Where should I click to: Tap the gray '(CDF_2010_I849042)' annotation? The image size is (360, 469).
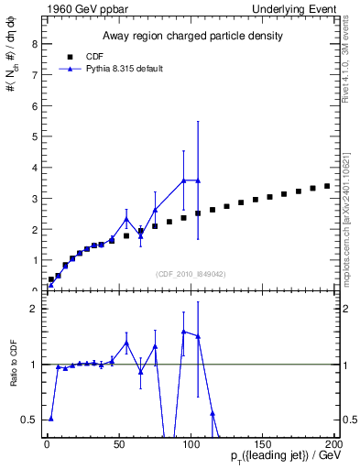click(190, 273)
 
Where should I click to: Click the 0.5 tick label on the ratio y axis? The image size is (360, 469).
click(31, 420)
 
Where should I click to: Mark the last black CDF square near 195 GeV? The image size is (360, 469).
click(327, 186)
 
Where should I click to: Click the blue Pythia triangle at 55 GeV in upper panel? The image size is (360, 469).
click(126, 219)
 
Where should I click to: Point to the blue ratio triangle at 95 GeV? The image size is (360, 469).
click(184, 332)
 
